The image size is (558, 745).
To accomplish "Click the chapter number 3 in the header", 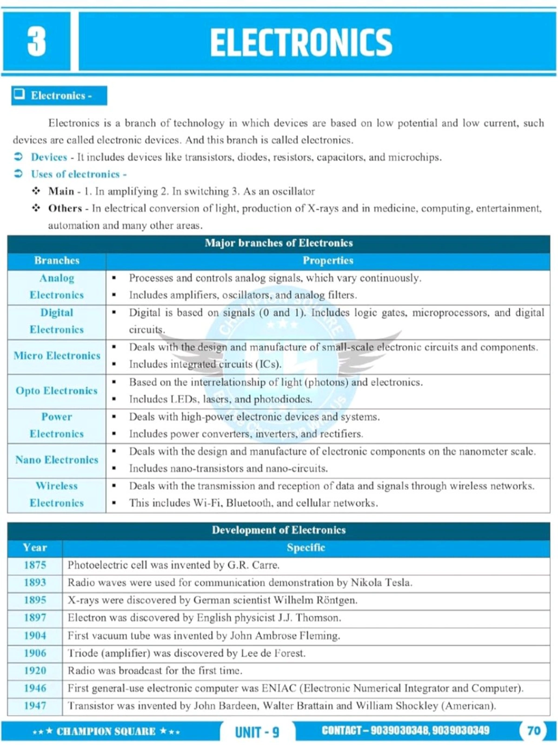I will pyautogui.click(x=36, y=41).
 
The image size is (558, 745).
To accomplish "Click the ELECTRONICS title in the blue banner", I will pyautogui.click(x=301, y=42).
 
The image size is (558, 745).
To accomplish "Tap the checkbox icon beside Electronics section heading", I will pyautogui.click(x=20, y=95).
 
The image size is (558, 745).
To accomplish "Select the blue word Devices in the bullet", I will pyautogui.click(x=49, y=157).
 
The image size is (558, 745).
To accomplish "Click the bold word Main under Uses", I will pyautogui.click(x=61, y=191).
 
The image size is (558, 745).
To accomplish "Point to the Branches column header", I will pyautogui.click(x=57, y=260).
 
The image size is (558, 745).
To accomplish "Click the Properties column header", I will pyautogui.click(x=328, y=260).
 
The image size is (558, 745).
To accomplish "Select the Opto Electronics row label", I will pyautogui.click(x=57, y=391).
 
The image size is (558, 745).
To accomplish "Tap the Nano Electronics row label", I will pyautogui.click(x=57, y=460).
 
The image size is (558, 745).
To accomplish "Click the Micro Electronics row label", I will pyautogui.click(x=57, y=356).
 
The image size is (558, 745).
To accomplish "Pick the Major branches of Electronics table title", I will pyautogui.click(x=279, y=243).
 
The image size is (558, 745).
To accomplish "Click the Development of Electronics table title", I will pyautogui.click(x=279, y=530).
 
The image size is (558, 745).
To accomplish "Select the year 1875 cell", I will pyautogui.click(x=35, y=565).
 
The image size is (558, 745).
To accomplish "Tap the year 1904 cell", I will pyautogui.click(x=35, y=636).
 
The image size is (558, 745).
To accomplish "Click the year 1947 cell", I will pyautogui.click(x=35, y=706).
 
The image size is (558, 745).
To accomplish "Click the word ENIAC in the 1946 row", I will pyautogui.click(x=279, y=688).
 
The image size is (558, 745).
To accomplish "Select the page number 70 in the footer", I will pyautogui.click(x=533, y=730).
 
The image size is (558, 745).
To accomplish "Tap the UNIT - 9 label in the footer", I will pyautogui.click(x=257, y=732).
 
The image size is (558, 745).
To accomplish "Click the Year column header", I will pyautogui.click(x=35, y=548).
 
